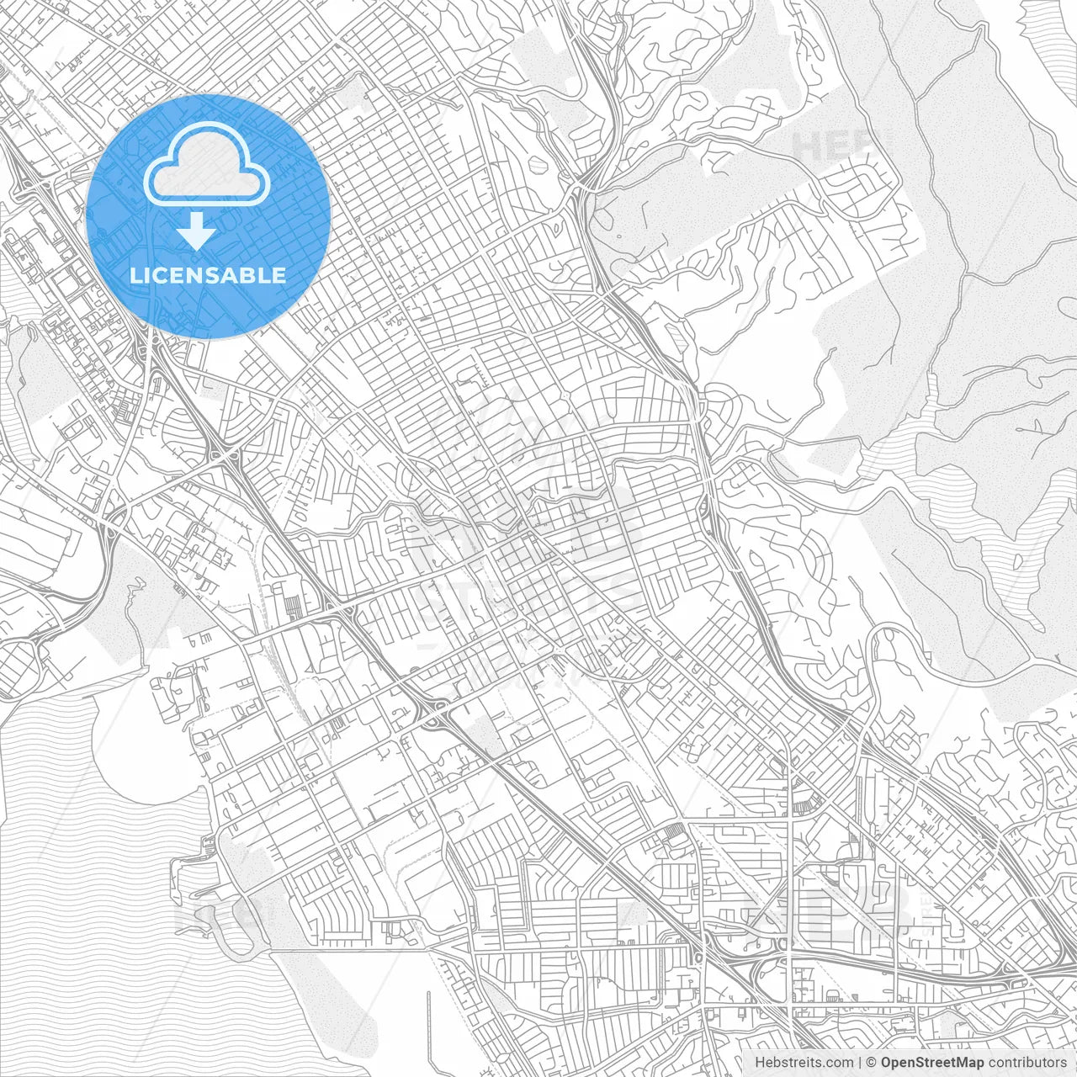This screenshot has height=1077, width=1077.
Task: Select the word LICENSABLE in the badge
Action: point(208,275)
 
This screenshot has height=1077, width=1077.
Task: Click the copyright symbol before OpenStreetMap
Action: point(872,1063)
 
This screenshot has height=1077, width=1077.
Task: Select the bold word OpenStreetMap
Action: point(932,1063)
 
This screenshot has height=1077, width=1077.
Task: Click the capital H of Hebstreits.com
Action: point(760,1063)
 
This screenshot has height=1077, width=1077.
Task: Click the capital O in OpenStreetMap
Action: point(887,1063)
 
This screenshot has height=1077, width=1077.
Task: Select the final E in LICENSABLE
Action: point(279,275)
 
